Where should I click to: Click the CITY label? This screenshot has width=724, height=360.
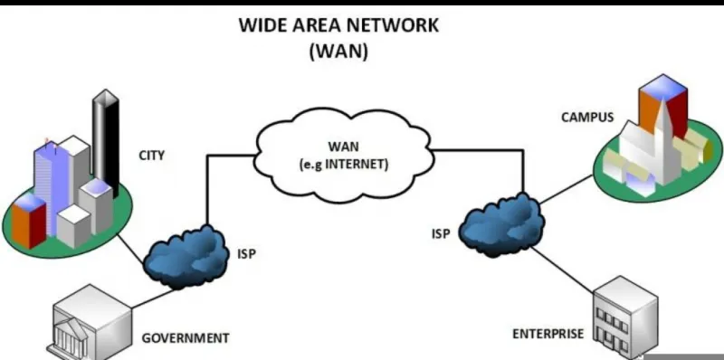pyautogui.click(x=151, y=156)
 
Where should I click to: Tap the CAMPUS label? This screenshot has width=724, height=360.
pyautogui.click(x=587, y=118)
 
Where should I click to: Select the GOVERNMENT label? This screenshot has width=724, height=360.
pyautogui.click(x=186, y=338)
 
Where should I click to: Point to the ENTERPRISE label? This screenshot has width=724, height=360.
pyautogui.click(x=548, y=333)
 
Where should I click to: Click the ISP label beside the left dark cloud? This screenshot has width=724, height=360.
pyautogui.click(x=246, y=254)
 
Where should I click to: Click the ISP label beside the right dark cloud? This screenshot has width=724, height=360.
pyautogui.click(x=441, y=234)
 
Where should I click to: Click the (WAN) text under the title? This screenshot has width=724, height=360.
pyautogui.click(x=338, y=52)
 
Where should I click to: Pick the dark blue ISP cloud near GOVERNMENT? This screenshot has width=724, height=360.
pyautogui.click(x=186, y=258)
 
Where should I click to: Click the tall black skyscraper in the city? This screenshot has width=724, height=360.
pyautogui.click(x=106, y=143)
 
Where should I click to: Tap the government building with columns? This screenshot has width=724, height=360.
pyautogui.click(x=90, y=323)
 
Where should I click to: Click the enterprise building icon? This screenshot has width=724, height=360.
pyautogui.click(x=625, y=318)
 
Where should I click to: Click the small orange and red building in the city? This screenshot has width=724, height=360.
pyautogui.click(x=29, y=220)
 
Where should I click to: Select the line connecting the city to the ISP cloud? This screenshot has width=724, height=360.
pyautogui.click(x=130, y=250)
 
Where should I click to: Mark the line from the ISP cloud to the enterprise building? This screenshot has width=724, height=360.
pyautogui.click(x=562, y=270)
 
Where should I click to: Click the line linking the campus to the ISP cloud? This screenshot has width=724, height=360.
pyautogui.click(x=567, y=189)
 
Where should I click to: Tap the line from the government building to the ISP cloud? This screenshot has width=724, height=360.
pyautogui.click(x=153, y=298)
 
